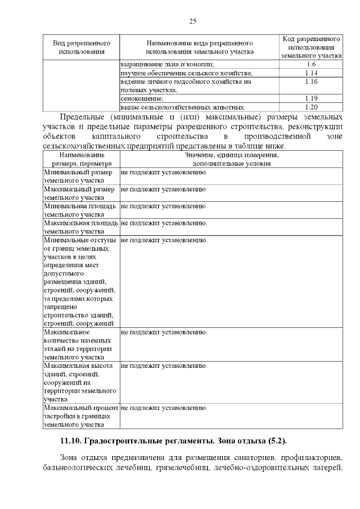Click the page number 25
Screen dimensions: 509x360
pos(192,21)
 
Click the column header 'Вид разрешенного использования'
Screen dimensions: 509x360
pos(82,47)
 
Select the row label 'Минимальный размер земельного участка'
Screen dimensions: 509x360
pos(79,176)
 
